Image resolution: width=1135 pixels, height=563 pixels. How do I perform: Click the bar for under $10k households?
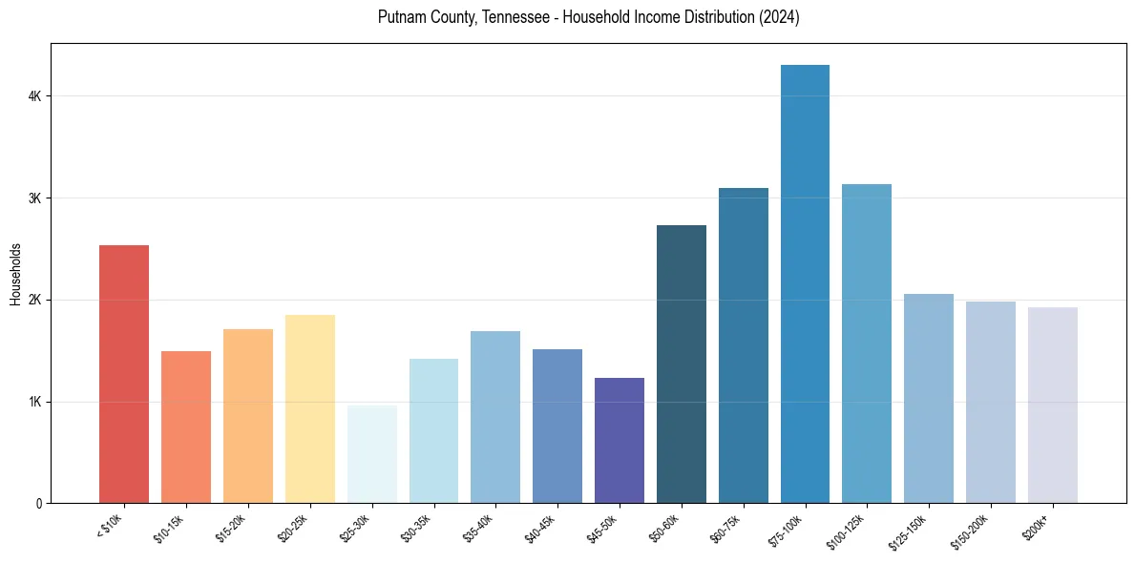124,374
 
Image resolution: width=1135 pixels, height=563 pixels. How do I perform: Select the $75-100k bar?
805,283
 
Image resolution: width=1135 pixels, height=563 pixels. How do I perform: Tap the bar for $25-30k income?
371,454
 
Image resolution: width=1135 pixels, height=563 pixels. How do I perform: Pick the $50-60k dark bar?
682,364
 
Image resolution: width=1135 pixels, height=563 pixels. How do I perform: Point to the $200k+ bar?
1052,405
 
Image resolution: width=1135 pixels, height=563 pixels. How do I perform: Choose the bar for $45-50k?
620,440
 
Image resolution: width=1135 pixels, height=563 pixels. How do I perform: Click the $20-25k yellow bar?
309,408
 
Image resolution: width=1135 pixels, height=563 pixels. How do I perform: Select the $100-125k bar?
867,344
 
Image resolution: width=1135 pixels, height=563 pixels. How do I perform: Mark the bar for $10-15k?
186,427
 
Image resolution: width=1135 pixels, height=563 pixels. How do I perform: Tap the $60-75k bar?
744,345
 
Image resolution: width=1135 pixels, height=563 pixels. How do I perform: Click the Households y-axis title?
16,274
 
